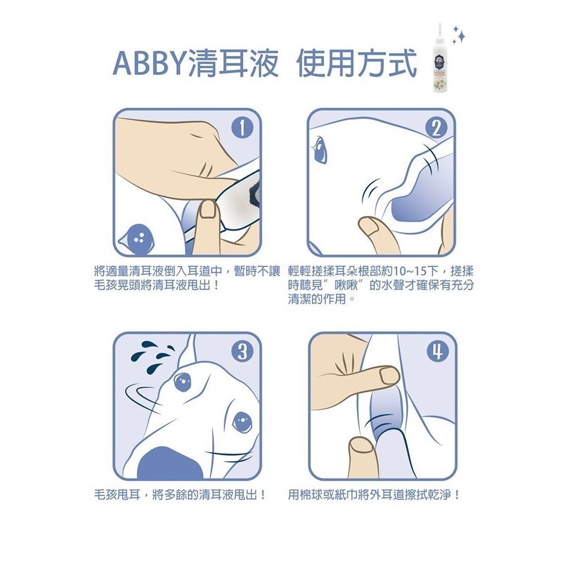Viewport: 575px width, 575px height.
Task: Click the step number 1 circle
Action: pyautogui.click(x=241, y=128)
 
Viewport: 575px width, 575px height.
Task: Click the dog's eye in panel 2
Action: pyautogui.click(x=320, y=149)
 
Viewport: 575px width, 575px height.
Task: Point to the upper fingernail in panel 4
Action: pyautogui.click(x=389, y=376)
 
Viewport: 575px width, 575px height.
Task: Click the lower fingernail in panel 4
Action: pyautogui.click(x=360, y=446)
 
